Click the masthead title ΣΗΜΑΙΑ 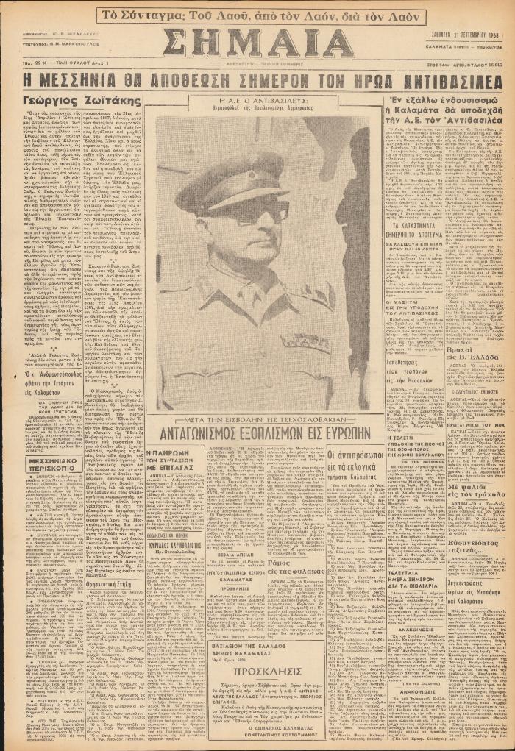258,45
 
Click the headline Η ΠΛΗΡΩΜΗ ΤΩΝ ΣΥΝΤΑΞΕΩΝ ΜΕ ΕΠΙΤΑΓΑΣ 174,459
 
